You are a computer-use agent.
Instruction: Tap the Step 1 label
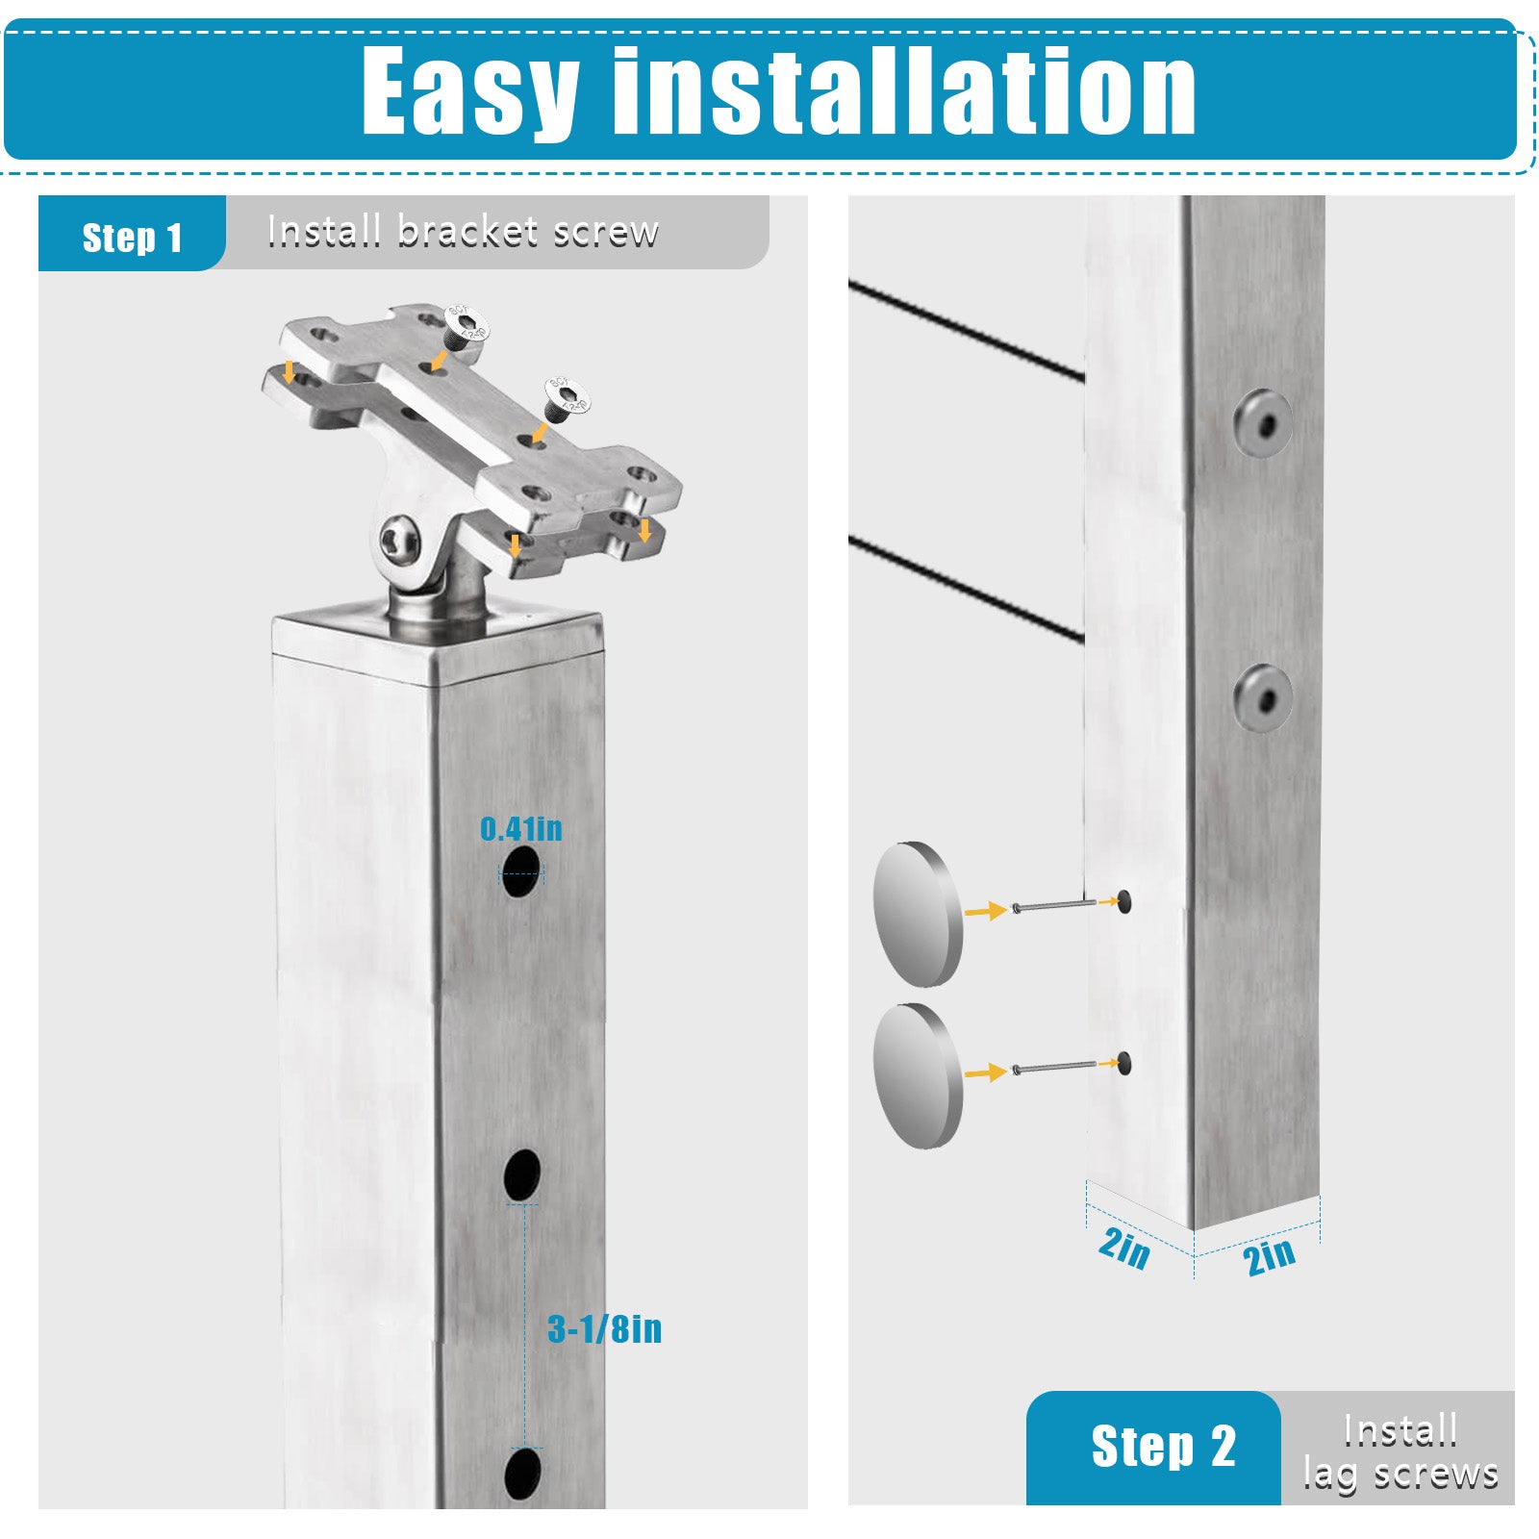(132, 238)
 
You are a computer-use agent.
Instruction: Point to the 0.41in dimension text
(520, 828)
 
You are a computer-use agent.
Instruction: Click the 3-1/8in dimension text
(605, 1328)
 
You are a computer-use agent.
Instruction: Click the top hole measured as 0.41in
(520, 871)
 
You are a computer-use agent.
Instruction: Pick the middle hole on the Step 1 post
(522, 1174)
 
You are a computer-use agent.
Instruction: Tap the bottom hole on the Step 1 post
(522, 1474)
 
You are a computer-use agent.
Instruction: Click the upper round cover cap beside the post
(918, 914)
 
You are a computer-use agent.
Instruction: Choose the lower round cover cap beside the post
(918, 1075)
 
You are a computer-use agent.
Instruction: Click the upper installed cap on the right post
(1264, 423)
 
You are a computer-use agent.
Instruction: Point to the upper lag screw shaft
(1054, 905)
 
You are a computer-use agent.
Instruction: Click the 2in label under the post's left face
(1123, 1248)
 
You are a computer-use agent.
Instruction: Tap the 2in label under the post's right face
(1269, 1256)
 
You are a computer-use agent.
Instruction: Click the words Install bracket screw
(463, 232)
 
